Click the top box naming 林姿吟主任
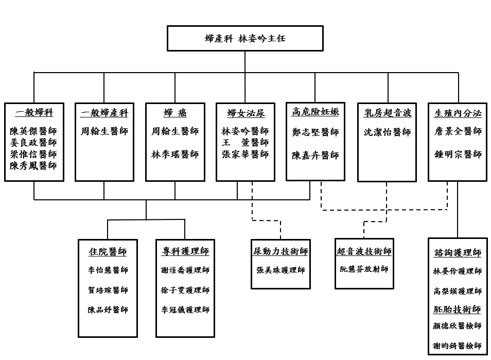[x=245, y=39]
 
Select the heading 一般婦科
[x=34, y=113]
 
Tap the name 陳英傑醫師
[x=34, y=131]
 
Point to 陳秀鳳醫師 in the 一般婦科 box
[x=34, y=166]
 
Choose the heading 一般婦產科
[x=104, y=113]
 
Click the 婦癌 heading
[x=175, y=113]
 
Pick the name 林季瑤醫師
[x=175, y=155]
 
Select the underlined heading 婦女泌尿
[x=246, y=113]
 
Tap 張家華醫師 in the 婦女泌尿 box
[x=246, y=155]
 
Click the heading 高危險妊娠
[x=315, y=112]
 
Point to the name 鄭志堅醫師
[x=315, y=132]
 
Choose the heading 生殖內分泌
[x=458, y=113]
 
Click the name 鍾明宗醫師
[x=458, y=155]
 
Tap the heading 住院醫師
[x=108, y=252]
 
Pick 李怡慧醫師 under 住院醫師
[x=108, y=270]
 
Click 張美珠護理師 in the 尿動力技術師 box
[x=280, y=270]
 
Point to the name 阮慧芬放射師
[x=364, y=269]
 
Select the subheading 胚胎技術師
[x=458, y=310]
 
